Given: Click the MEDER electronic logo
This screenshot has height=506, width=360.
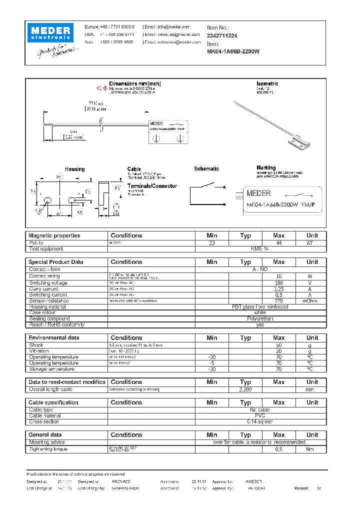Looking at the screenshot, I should [51, 32].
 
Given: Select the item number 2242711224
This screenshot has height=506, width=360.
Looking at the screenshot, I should [222, 35].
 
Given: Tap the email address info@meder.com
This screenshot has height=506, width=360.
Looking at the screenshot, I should [174, 27].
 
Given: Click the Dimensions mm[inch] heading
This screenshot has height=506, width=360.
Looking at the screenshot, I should [135, 83].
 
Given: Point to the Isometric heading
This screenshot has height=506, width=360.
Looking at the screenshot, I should [267, 83].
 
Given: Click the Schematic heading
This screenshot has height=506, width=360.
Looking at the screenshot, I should [206, 169].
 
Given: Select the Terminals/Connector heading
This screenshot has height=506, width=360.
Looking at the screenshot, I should [152, 186].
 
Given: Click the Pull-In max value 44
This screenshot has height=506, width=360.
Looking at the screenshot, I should [278, 242].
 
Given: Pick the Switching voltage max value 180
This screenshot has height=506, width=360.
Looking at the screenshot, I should [278, 282].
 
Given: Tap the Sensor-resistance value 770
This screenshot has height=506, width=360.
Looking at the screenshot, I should [278, 300].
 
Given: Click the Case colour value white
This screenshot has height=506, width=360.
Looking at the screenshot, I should [259, 312].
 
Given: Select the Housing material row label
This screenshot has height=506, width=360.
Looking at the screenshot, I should [50, 306].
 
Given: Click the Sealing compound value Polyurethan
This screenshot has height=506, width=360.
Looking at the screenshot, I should [259, 318].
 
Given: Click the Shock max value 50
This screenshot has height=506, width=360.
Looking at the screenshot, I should [278, 345].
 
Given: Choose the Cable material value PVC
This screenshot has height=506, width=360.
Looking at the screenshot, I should [259, 415].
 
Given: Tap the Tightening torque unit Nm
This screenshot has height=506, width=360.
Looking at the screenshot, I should [312, 449].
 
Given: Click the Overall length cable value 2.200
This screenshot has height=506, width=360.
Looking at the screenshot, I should [245, 389].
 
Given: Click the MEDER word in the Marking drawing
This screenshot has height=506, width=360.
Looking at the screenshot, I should [259, 193].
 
